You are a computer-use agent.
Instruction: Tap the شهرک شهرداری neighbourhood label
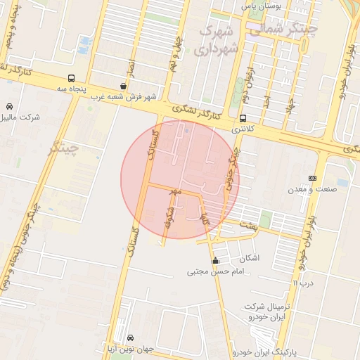pyautogui.click(x=218, y=40)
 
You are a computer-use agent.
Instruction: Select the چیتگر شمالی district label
pyautogui.click(x=281, y=30)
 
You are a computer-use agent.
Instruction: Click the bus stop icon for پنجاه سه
pyautogui.click(x=72, y=79)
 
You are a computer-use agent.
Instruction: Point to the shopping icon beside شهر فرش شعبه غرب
pyautogui.click(x=124, y=86)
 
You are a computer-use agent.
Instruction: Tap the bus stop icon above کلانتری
pyautogui.click(x=243, y=118)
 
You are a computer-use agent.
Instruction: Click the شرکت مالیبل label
pyautogui.click(x=22, y=117)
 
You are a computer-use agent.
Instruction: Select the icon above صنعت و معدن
pyautogui.click(x=312, y=179)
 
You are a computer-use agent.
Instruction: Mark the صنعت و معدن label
pyautogui.click(x=312, y=189)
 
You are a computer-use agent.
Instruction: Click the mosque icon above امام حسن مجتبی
pyautogui.click(x=215, y=261)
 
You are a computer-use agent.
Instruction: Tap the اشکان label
pyautogui.click(x=249, y=258)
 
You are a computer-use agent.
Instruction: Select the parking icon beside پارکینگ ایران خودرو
pyautogui.click(x=283, y=350)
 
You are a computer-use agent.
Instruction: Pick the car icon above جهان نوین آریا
pyautogui.click(x=131, y=338)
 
